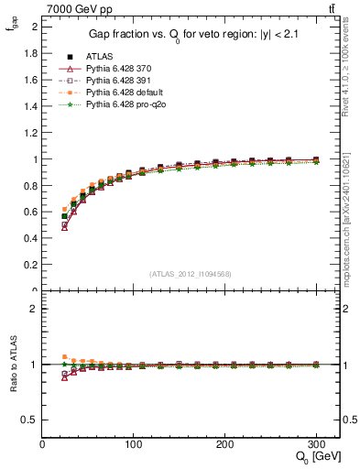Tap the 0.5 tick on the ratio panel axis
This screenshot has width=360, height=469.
pos(30,420)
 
